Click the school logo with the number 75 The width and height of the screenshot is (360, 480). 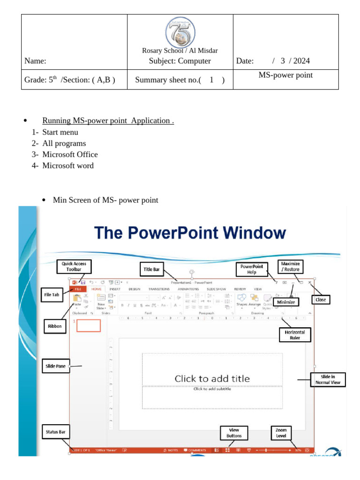pos(180,32)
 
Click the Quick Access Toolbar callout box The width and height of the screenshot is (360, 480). pos(74,267)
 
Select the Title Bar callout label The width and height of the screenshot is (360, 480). pos(151,269)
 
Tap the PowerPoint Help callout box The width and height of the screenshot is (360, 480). pos(252,269)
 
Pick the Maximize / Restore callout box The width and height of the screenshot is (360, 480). pos(291,267)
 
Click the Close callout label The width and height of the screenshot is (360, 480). pos(321,300)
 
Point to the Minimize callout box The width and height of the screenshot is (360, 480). pos(286,302)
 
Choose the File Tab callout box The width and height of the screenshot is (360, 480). pos(52,295)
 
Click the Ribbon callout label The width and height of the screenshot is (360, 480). pos(55,326)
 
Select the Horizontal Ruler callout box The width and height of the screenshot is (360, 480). pos(295,335)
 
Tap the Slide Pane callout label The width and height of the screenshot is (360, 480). pos(55,367)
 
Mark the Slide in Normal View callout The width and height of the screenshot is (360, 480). pos(328,380)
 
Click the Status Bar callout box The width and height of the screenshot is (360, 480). pos(55,432)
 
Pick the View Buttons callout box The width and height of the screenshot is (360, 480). pos(234,433)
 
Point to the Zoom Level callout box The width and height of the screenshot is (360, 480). pos(281,433)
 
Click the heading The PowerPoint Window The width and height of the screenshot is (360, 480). pos(190,233)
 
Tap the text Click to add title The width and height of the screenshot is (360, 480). pos(212,378)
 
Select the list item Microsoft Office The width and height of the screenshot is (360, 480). pos(70,154)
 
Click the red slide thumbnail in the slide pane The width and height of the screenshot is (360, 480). pos(89,325)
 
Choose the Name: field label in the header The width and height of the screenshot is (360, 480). pos(36,61)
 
